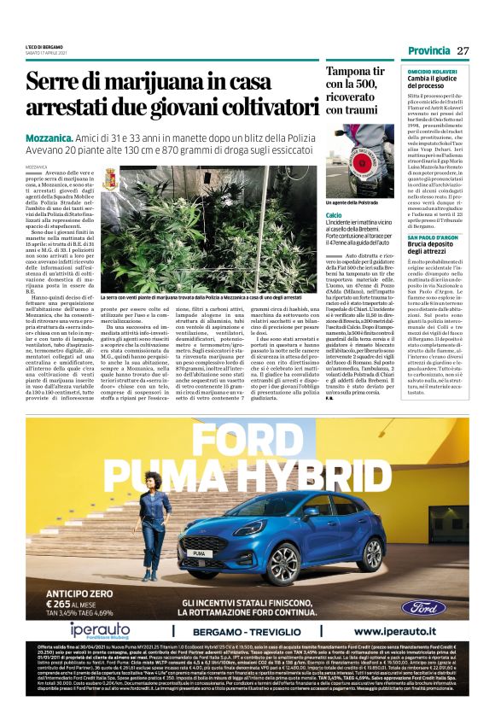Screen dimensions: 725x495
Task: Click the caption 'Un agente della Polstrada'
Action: tap(350, 203)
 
